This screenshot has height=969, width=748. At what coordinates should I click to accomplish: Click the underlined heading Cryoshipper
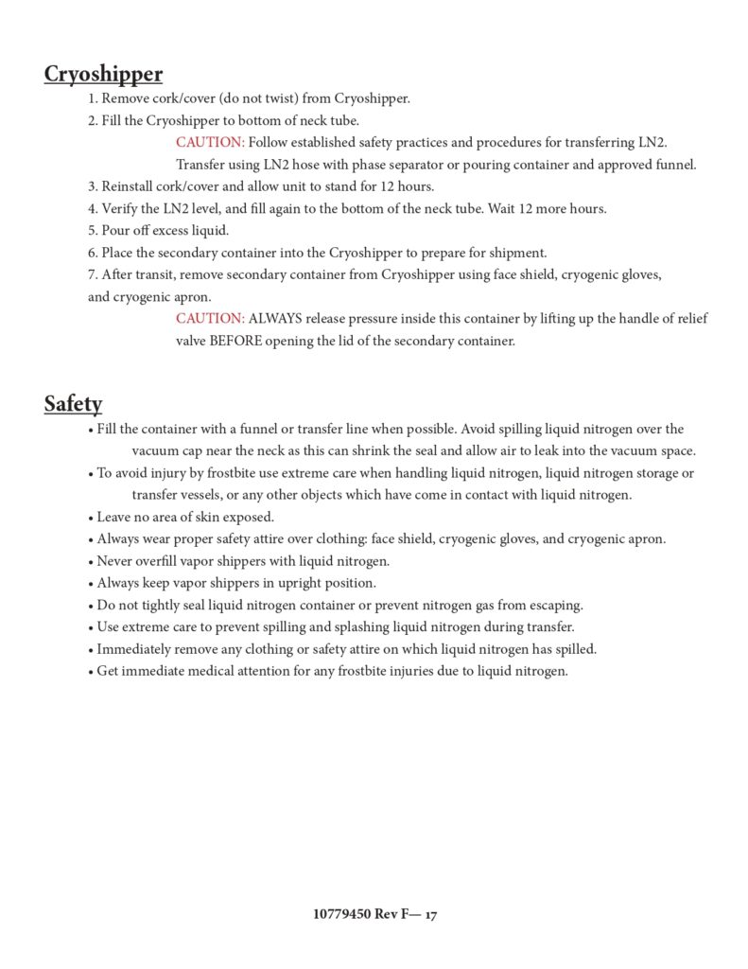click(x=103, y=75)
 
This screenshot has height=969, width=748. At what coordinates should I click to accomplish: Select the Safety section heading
click(x=73, y=405)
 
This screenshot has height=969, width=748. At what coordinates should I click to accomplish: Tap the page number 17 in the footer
click(x=430, y=915)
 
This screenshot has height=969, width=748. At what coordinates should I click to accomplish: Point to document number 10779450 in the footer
click(x=341, y=915)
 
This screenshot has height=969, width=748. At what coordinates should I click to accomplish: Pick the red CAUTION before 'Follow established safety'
click(x=210, y=143)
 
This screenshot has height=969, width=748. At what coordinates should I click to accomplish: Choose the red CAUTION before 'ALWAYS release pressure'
click(x=210, y=319)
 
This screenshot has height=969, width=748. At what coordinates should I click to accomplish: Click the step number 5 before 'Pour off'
click(x=92, y=231)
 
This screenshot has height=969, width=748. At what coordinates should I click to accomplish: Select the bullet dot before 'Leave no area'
click(x=91, y=518)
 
